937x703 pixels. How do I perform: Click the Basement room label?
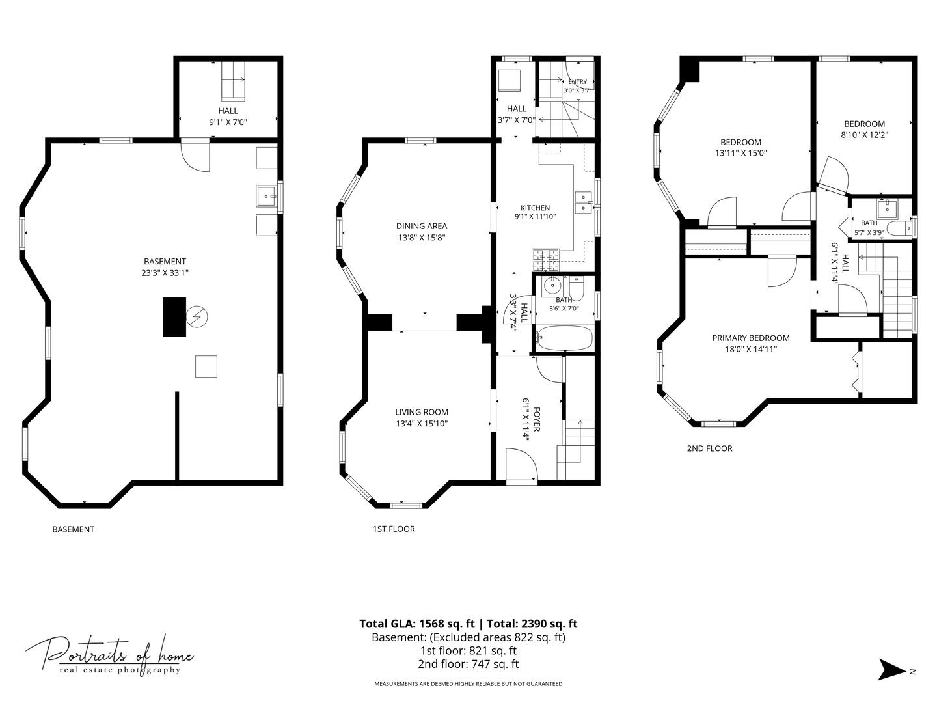pos(165,261)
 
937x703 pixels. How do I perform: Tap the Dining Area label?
pos(422,227)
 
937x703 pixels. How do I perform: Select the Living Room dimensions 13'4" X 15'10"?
pos(422,423)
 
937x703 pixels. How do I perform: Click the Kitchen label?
pos(536,208)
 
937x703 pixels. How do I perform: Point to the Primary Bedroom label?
pos(751,338)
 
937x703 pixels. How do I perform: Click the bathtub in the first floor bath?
pos(564,338)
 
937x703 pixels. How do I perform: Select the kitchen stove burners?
pos(545,260)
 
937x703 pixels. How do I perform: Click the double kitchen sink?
pos(584,202)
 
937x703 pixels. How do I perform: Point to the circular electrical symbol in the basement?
pos(197,317)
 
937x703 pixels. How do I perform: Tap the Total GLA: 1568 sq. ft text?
pos(416,624)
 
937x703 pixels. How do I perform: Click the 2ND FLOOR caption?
pos(709,448)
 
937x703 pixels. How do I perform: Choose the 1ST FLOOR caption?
pos(394,529)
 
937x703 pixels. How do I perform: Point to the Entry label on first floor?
pos(578,81)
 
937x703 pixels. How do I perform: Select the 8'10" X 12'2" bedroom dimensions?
pos(864,135)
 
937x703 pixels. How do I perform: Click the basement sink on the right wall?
pos(266,196)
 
